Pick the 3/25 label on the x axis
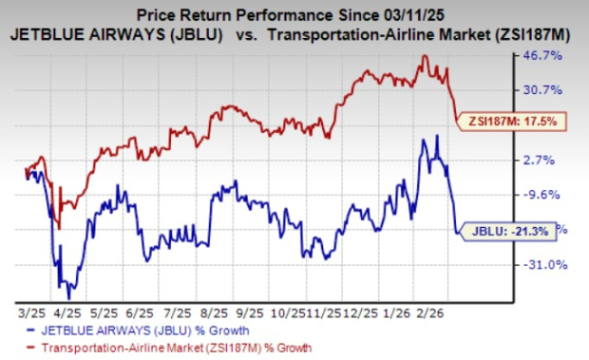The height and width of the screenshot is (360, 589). pyautogui.click(x=28, y=311)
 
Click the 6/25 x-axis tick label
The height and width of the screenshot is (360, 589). pyautogui.click(x=139, y=311)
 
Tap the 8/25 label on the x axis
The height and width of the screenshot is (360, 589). pyautogui.click(x=214, y=311)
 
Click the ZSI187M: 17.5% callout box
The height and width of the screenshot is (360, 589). pyautogui.click(x=512, y=121)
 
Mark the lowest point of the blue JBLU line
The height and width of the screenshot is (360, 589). pyautogui.click(x=68, y=297)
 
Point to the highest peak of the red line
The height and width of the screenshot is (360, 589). pyautogui.click(x=425, y=57)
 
